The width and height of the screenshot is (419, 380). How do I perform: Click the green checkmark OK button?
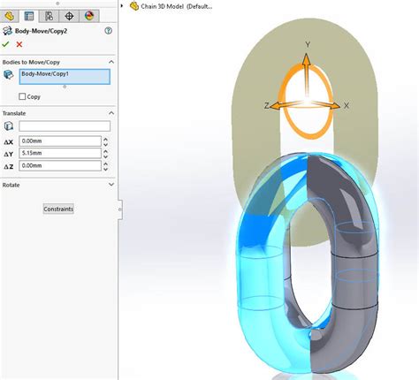point(6,43)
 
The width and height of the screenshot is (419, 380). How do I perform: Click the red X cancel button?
point(19,43)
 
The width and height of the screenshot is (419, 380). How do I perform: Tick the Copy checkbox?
point(23,96)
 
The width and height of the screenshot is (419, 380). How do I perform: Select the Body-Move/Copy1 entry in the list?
point(64,76)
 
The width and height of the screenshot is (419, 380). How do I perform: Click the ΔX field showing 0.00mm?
point(58,141)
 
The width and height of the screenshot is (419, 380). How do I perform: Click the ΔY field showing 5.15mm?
point(58,153)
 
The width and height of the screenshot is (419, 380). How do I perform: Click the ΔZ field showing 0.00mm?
point(58,165)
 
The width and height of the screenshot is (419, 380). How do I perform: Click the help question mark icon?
point(108,30)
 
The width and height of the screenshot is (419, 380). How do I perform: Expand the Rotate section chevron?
point(110,185)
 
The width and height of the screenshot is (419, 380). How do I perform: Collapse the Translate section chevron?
point(110,113)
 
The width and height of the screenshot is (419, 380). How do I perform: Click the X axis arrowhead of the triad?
point(337,105)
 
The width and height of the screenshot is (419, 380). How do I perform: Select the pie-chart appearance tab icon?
point(88,15)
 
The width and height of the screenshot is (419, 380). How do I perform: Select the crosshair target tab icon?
point(69,15)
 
